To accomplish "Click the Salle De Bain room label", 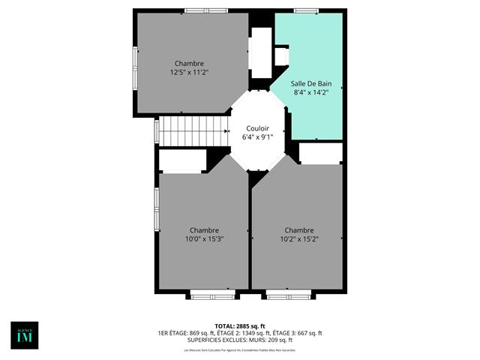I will (x=311, y=83).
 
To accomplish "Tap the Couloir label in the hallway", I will (x=257, y=128).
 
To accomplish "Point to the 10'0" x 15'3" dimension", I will (x=204, y=238).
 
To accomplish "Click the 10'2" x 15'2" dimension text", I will (x=299, y=238).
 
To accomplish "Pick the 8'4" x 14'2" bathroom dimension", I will (x=311, y=92).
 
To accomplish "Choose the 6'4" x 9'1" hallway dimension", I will (x=257, y=137).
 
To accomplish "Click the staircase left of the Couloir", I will (x=193, y=130).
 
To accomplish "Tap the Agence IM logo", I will (x=24, y=335).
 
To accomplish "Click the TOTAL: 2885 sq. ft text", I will (x=240, y=325).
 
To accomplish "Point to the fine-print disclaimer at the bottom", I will (x=240, y=350).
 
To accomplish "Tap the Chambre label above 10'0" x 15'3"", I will (x=204, y=229).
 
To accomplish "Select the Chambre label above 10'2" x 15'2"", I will (x=299, y=229).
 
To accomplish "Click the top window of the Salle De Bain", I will (x=306, y=10).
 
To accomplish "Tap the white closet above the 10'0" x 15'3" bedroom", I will (x=183, y=160).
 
